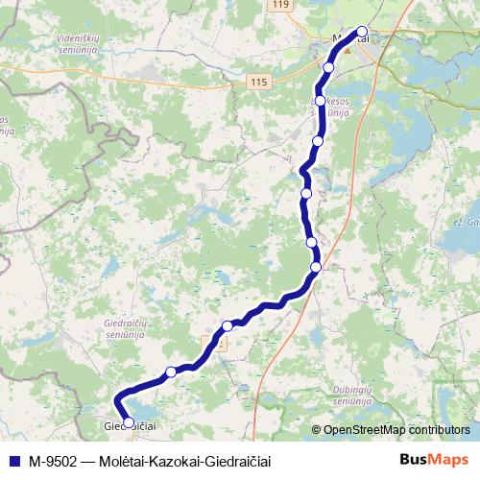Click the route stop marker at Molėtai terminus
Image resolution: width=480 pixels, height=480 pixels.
pyautogui.click(x=362, y=31)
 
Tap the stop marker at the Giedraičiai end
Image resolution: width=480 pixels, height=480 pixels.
pyautogui.click(x=129, y=422)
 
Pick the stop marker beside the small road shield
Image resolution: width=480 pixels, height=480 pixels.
pyautogui.click(x=228, y=326)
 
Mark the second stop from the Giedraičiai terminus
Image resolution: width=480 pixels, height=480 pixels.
pyautogui.click(x=171, y=372)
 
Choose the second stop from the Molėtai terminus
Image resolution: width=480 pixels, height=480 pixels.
pyautogui.click(x=329, y=67)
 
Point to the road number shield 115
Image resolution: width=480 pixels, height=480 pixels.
pyautogui.click(x=258, y=84)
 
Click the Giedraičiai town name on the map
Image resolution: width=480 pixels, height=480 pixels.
pyautogui.click(x=131, y=424)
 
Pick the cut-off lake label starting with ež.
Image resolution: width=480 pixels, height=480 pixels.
pyautogui.click(x=467, y=221)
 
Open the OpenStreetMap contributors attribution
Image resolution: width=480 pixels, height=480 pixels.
pyautogui.click(x=396, y=430)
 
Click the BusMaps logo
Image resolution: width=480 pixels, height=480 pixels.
pyautogui.click(x=434, y=460)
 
